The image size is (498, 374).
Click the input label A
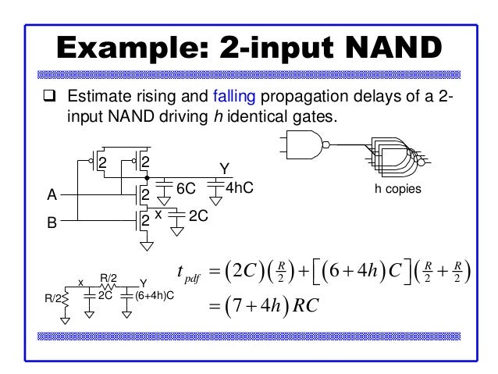(x=52, y=195)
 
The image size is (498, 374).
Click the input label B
(x=52, y=223)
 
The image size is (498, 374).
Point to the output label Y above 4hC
(x=224, y=169)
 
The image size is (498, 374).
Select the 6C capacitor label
(x=186, y=190)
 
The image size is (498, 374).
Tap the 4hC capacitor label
(x=240, y=189)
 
